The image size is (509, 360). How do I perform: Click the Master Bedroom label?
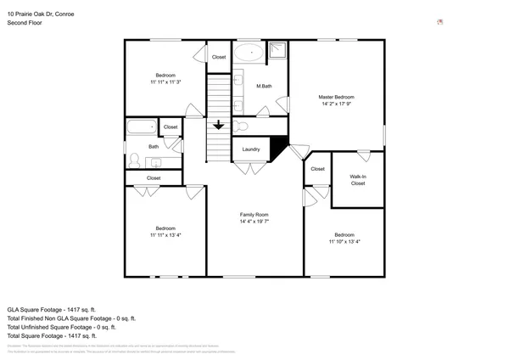(x=336, y=98)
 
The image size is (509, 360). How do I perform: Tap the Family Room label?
(x=254, y=215)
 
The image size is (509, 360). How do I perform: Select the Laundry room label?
(x=250, y=149)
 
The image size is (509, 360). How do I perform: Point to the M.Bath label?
(x=264, y=86)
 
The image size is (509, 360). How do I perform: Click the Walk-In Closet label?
(x=357, y=180)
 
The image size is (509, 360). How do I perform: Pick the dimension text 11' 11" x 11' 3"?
(x=165, y=82)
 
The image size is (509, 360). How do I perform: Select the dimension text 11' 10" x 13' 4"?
(x=344, y=241)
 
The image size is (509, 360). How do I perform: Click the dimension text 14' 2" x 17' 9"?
(x=336, y=105)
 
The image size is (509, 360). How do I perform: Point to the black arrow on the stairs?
(x=219, y=126)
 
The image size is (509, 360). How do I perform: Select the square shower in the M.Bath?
(x=277, y=52)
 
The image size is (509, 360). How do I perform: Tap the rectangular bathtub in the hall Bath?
(x=142, y=127)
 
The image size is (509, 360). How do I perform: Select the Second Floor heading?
(x=25, y=24)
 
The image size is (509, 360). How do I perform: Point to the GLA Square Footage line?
(x=53, y=309)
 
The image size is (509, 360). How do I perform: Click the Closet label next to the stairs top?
(x=219, y=57)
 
